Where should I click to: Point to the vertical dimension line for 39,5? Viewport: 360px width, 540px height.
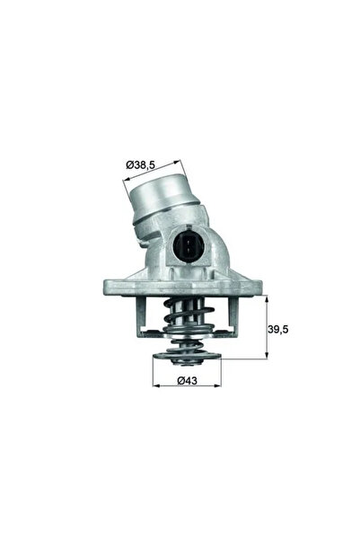click(x=266, y=329)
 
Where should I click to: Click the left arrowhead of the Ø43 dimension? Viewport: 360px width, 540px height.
click(x=155, y=368)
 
